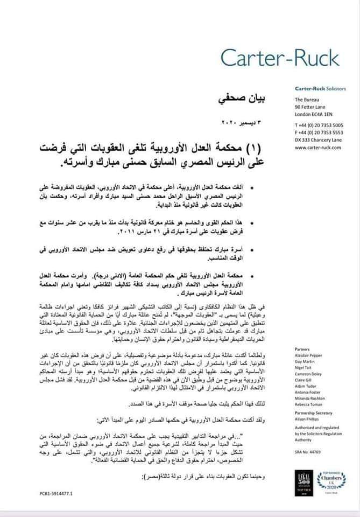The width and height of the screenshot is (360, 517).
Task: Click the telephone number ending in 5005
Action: (x=320, y=125)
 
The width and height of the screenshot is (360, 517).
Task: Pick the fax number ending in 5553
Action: (x=320, y=132)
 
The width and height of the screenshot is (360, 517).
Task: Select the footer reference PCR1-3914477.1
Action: (x=57, y=493)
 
